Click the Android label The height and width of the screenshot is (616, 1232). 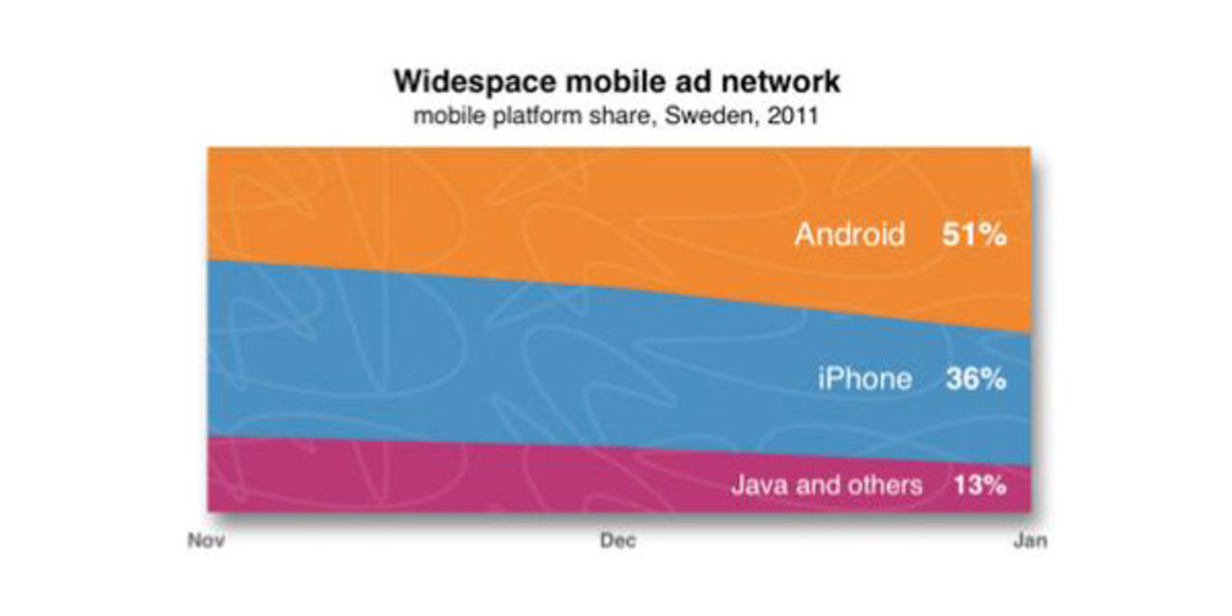pyautogui.click(x=850, y=235)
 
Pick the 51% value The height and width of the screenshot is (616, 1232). pyautogui.click(x=973, y=235)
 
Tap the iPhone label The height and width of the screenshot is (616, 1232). pyautogui.click(x=864, y=379)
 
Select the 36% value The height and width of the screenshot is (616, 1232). pyautogui.click(x=975, y=379)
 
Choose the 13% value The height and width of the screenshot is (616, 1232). pyautogui.click(x=979, y=484)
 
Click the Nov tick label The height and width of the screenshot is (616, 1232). pyautogui.click(x=205, y=541)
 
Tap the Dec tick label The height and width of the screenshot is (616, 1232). pyautogui.click(x=618, y=541)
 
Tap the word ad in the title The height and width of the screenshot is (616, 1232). pyautogui.click(x=685, y=82)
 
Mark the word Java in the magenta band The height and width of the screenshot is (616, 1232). pyautogui.click(x=754, y=484)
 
